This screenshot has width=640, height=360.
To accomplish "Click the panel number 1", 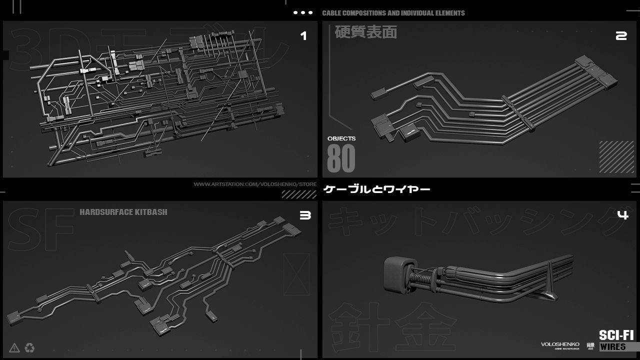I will [x=303, y=35].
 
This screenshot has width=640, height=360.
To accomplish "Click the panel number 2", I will [x=621, y=35].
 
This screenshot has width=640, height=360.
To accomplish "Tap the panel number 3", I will [x=305, y=215].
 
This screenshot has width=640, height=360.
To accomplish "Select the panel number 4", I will [x=622, y=215].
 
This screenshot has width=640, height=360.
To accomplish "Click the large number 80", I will [x=341, y=158].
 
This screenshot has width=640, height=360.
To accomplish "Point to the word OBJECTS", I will [x=341, y=138].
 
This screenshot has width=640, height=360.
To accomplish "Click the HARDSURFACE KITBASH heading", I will [x=123, y=212].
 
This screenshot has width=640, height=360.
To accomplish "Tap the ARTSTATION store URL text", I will [x=255, y=184].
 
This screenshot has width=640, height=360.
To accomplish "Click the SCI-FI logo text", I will [x=616, y=335].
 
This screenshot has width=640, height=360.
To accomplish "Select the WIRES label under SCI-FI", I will [x=612, y=346].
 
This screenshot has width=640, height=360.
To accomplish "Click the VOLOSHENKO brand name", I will [x=560, y=344].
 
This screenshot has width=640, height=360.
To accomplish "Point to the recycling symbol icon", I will [x=29, y=347].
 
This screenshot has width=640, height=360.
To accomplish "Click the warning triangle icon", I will [x=14, y=347].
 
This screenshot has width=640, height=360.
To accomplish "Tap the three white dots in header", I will [x=303, y=13].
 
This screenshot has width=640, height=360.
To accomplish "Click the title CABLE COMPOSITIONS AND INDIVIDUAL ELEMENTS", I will [x=393, y=13].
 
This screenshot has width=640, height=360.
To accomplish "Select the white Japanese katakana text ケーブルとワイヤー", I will [x=377, y=189].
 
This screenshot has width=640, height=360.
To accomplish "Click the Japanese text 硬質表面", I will [x=365, y=32].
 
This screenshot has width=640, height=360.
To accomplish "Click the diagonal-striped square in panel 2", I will [x=616, y=157].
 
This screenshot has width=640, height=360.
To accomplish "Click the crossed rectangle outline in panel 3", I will [x=296, y=274].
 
